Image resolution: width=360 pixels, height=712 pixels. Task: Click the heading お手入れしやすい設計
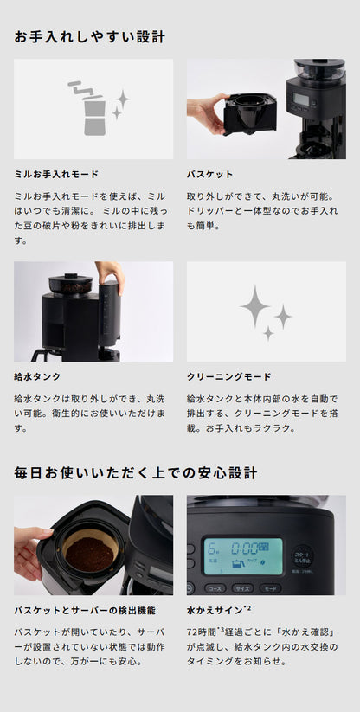click(90, 37)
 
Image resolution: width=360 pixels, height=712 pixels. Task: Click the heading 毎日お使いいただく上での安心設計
click(136, 472)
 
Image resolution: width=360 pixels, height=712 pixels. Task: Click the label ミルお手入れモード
click(57, 174)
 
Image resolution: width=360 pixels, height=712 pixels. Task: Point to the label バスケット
click(210, 174)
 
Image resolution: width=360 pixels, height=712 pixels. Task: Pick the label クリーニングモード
click(229, 377)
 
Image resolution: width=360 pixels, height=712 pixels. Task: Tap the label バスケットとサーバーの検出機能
click(85, 611)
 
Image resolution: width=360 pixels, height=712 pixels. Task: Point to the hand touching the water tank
click(111, 274)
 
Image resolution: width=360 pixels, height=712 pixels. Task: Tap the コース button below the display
click(215, 588)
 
